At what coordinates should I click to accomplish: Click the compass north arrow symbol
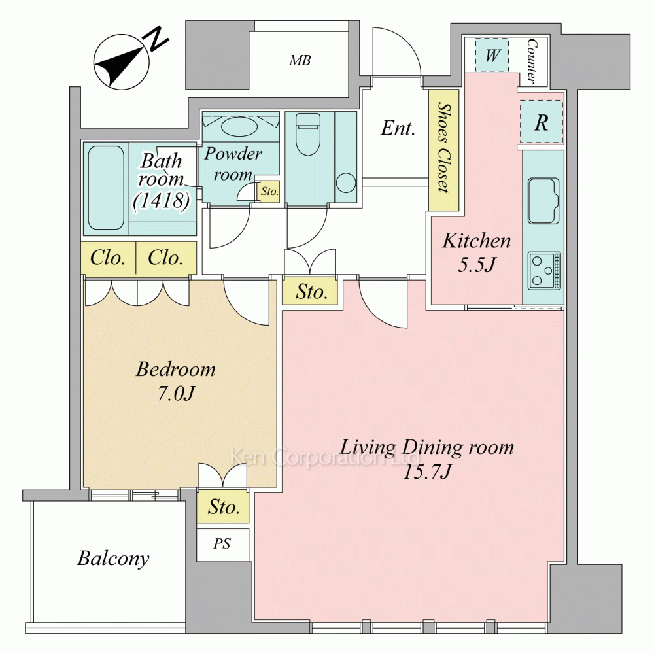click(122, 61)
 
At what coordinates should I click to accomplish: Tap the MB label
click(300, 60)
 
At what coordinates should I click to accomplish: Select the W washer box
click(492, 55)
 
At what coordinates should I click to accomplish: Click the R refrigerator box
click(542, 122)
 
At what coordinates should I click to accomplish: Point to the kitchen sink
click(543, 201)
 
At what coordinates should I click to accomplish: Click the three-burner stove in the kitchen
click(544, 271)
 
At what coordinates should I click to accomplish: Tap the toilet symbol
click(308, 134)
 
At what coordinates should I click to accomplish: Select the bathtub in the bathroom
click(106, 188)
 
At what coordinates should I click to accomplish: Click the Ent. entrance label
click(398, 128)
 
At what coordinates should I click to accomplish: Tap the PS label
click(222, 544)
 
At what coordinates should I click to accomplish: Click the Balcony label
click(113, 559)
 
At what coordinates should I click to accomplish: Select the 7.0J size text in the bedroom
click(176, 393)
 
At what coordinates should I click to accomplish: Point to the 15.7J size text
click(426, 472)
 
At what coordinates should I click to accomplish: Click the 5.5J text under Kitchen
click(476, 264)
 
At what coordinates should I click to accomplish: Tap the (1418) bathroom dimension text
click(162, 201)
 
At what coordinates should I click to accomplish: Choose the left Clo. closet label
click(108, 258)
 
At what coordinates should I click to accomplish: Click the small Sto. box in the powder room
click(269, 192)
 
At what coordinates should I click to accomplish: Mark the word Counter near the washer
click(532, 61)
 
